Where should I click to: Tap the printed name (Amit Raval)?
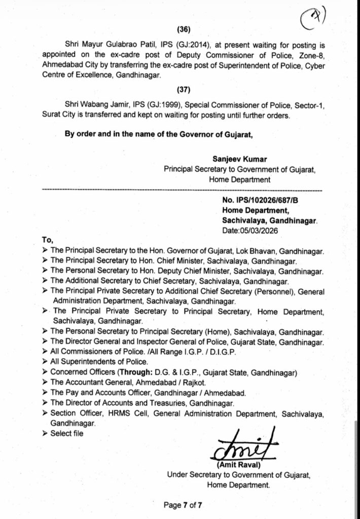click(x=238, y=464)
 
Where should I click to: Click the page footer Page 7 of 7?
click(x=184, y=504)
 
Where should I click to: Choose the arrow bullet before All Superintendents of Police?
click(x=46, y=362)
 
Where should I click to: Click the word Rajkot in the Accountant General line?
click(x=190, y=383)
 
